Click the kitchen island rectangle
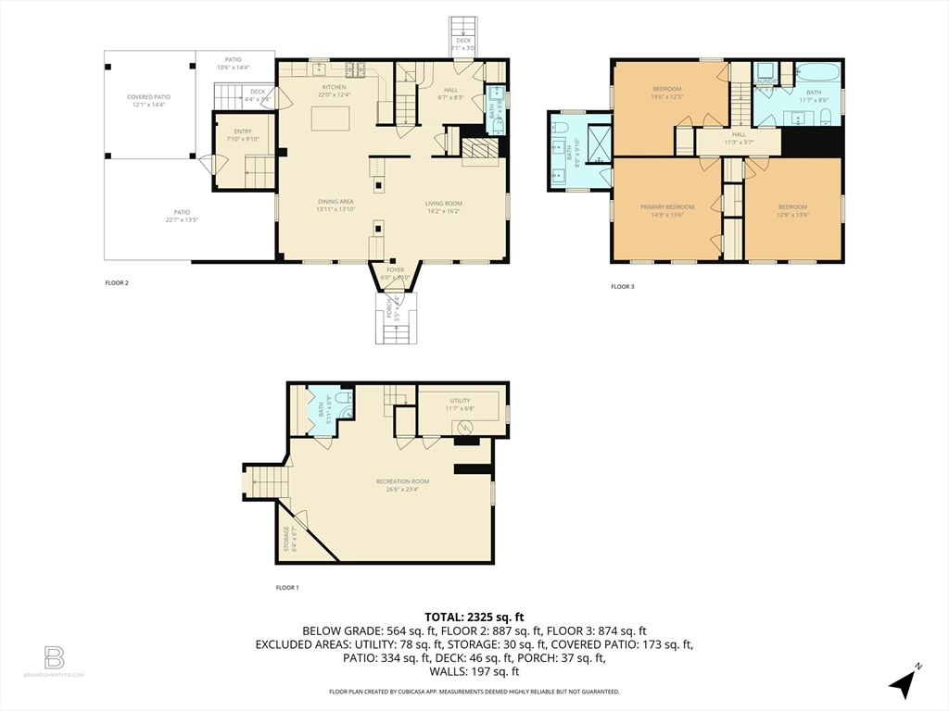(x=330, y=118)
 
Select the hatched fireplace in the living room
(x=480, y=151)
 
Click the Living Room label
(x=444, y=204)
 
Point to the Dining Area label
(x=335, y=202)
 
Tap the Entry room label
(x=243, y=131)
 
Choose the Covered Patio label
(x=148, y=96)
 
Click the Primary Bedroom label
(x=666, y=206)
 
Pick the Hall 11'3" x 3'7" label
(x=739, y=138)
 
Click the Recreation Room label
(x=402, y=481)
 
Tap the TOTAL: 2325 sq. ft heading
(x=474, y=617)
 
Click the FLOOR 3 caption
(x=623, y=287)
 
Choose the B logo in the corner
(x=54, y=658)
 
